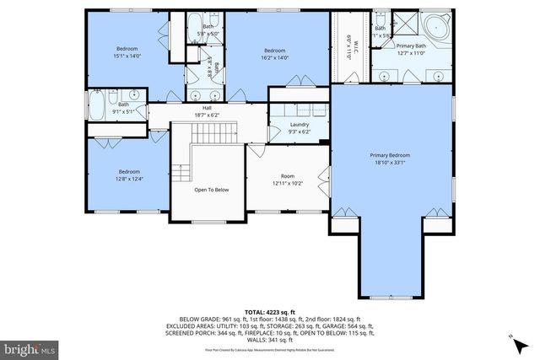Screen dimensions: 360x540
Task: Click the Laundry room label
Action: pos(283,124)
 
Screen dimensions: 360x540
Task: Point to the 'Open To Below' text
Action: pos(211,190)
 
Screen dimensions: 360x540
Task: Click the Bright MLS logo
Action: pos(29,347)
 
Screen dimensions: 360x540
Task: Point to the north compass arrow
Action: pos(513,338)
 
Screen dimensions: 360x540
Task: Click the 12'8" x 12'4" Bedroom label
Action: pos(129,172)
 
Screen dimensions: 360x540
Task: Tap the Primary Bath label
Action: pos(413,47)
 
